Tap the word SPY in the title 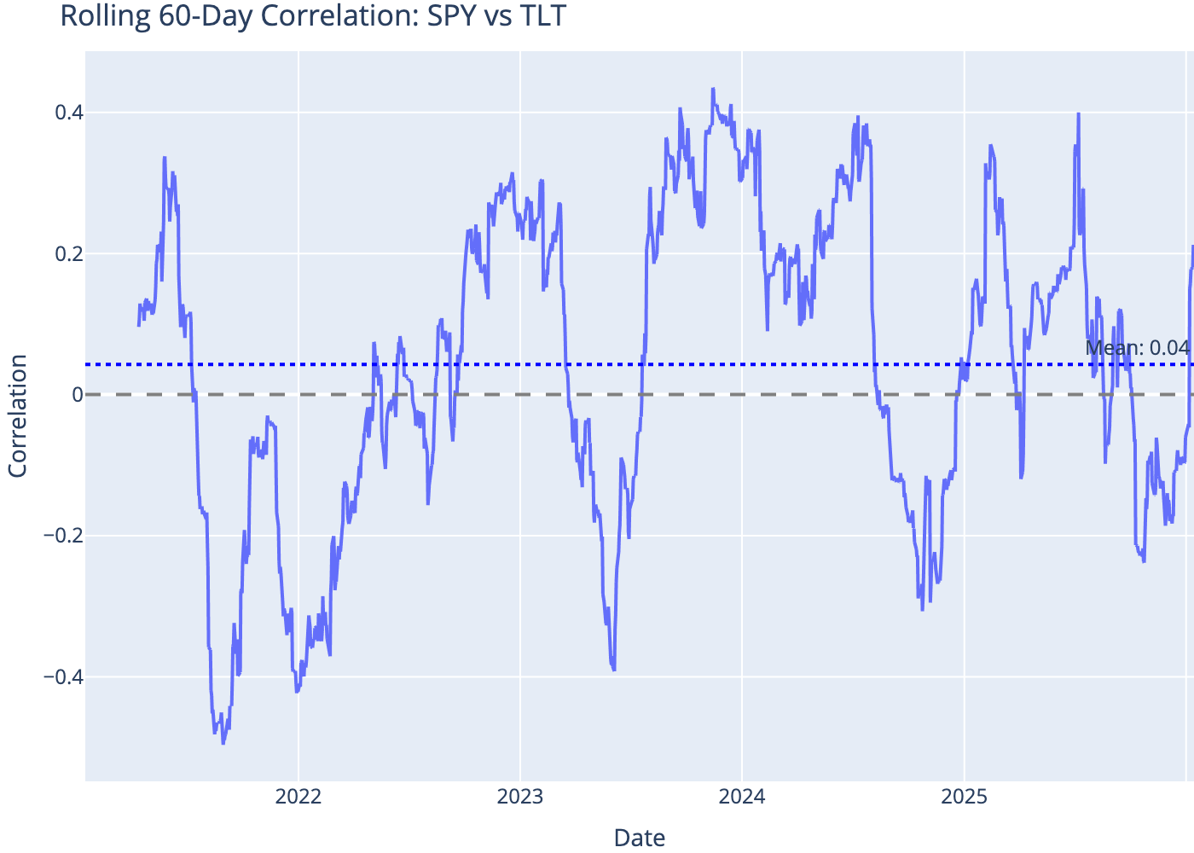click(x=444, y=15)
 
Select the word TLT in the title click(x=542, y=15)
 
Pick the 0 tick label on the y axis click(x=77, y=395)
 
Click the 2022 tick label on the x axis click(x=298, y=798)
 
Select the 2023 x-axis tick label click(x=520, y=798)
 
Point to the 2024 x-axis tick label click(x=742, y=798)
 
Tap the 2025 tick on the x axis click(x=964, y=798)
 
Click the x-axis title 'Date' click(x=640, y=838)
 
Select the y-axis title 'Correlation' click(x=18, y=415)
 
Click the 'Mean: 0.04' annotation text click(x=1137, y=348)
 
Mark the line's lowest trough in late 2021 click(x=223, y=744)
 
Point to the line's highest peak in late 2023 click(x=713, y=89)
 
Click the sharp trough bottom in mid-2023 click(x=614, y=670)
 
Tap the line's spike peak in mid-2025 click(x=1078, y=113)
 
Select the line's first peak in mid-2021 click(x=165, y=157)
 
